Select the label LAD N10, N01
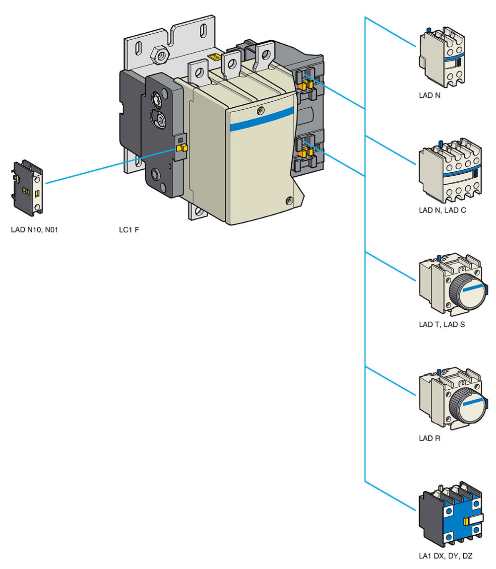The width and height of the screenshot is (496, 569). click(35, 230)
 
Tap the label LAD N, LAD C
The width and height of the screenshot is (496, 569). click(442, 211)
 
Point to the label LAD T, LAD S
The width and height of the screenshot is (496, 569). click(441, 325)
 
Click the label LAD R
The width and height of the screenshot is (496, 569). click(430, 439)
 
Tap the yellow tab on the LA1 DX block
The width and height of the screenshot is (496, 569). click(467, 521)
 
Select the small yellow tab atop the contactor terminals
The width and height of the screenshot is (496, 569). click(215, 58)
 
